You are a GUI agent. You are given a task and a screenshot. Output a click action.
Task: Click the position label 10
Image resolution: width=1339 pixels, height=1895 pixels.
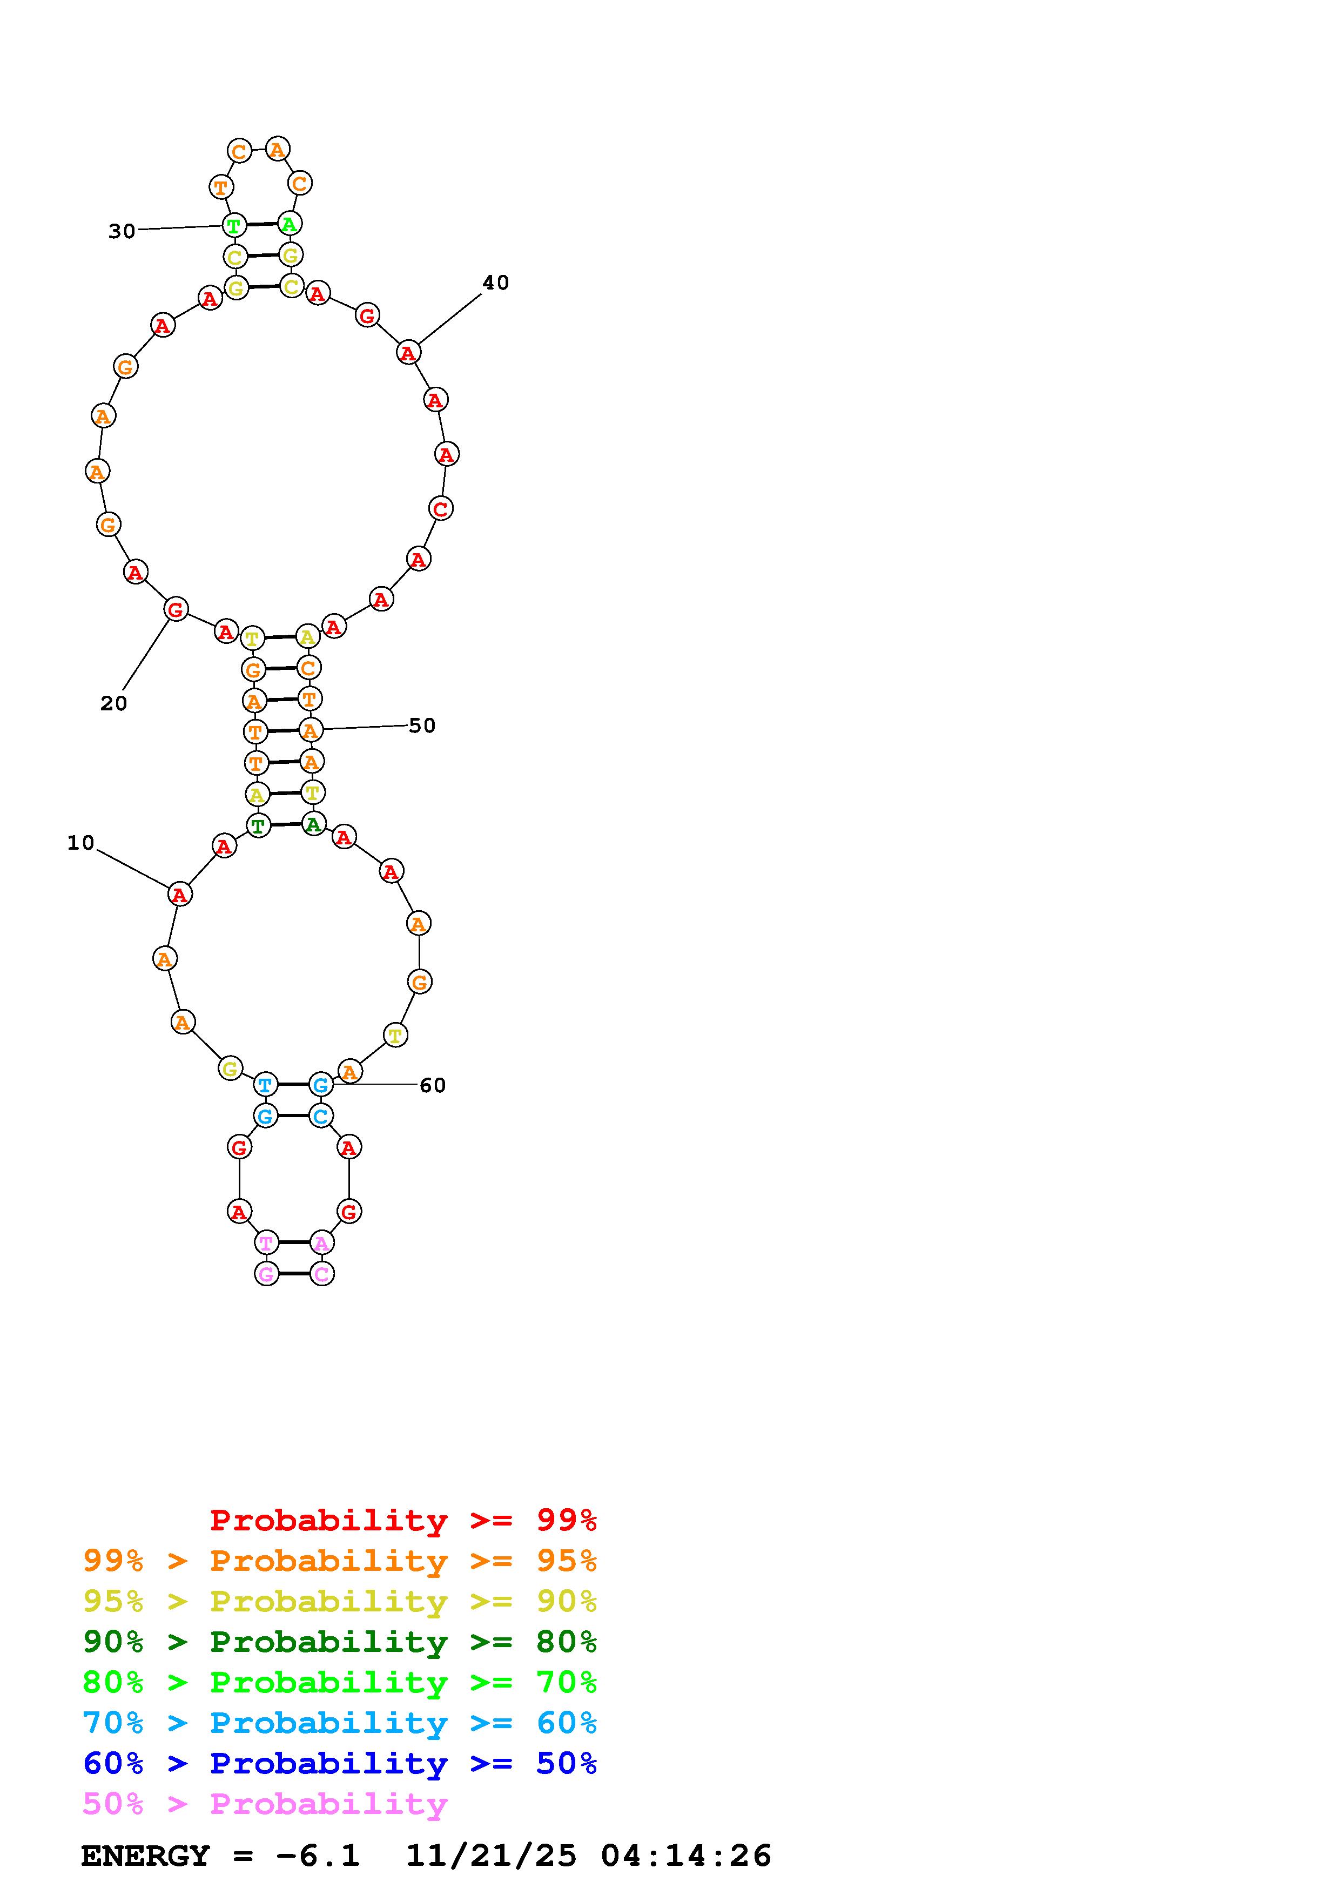pos(81,843)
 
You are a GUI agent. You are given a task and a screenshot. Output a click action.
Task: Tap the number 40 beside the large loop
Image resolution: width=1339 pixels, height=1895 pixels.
pos(496,283)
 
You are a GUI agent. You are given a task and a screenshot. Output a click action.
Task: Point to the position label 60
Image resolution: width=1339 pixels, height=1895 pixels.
pos(432,1085)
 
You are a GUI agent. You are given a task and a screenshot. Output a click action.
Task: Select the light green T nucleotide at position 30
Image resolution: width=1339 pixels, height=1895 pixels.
pos(234,225)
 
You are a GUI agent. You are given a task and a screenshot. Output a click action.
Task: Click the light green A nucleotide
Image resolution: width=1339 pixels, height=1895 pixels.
pos(290,224)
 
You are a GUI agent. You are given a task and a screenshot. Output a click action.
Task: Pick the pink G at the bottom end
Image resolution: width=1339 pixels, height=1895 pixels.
pos(266,1274)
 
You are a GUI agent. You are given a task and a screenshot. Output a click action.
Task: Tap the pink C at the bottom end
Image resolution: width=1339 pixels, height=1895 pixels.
pos(322,1274)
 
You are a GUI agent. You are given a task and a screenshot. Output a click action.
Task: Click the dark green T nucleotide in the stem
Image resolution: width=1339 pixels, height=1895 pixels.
pos(258,825)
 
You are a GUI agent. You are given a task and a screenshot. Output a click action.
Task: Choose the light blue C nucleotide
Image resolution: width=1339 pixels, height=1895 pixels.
pos(321,1116)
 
